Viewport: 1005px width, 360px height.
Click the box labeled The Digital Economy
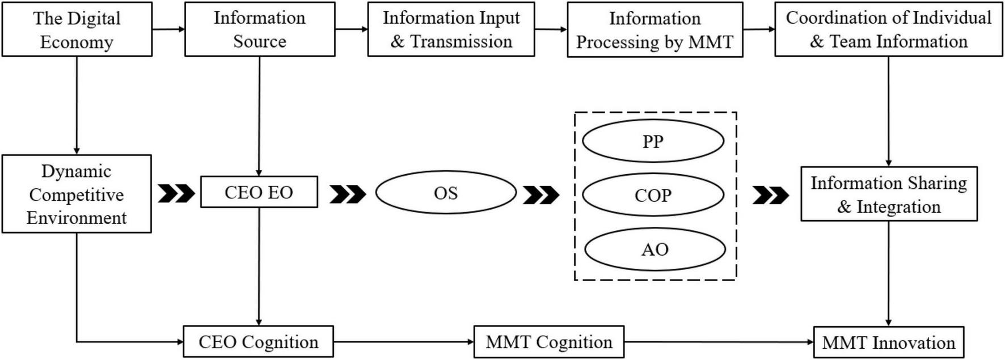point(77,29)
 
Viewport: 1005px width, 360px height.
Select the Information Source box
point(259,29)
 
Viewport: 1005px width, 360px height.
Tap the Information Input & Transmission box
point(451,29)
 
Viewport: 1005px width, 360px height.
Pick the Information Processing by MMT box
point(654,30)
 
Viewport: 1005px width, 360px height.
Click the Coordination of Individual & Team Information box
point(888,29)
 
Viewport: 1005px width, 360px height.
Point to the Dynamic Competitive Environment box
point(77,194)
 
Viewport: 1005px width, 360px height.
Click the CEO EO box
point(259,192)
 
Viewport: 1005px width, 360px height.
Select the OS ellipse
point(446,193)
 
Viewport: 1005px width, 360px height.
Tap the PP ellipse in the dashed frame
point(653,141)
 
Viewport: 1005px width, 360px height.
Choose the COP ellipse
point(653,195)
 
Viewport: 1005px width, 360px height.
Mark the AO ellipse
point(654,249)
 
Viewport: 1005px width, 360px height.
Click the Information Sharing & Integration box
point(888,194)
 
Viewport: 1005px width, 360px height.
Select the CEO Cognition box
point(258,342)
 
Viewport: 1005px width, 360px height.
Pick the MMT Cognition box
point(548,342)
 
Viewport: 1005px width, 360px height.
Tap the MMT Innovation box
point(888,342)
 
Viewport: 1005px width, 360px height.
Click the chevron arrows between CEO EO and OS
point(347,194)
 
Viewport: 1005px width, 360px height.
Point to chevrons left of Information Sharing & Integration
point(770,195)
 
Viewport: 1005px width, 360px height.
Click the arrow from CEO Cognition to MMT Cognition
point(403,342)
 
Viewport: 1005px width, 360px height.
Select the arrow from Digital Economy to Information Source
point(168,29)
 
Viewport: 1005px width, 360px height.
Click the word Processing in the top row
point(617,43)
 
